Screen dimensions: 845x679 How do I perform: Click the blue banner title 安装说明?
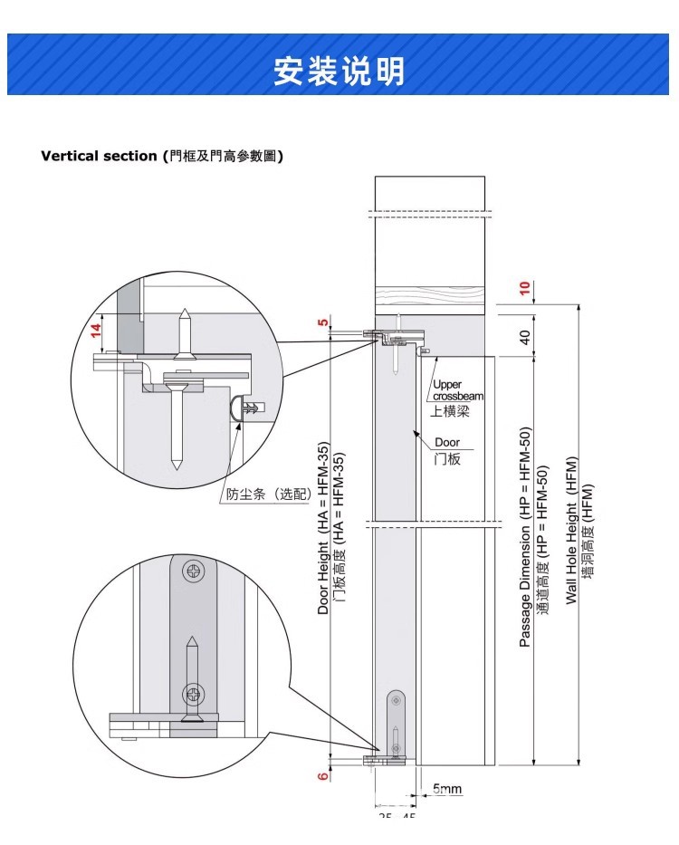tap(339, 70)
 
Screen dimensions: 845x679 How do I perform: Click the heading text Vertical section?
tap(100, 156)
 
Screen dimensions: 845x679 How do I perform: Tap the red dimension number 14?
tap(95, 332)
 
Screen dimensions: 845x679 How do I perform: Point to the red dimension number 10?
tap(524, 289)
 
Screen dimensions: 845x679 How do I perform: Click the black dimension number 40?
tap(524, 336)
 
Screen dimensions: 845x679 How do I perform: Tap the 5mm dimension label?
tap(446, 789)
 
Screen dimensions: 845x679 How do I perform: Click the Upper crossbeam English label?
tap(458, 390)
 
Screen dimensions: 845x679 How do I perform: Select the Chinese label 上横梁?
tap(450, 411)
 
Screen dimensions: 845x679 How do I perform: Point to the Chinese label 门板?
tap(447, 459)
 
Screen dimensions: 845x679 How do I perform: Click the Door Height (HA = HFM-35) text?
tap(323, 529)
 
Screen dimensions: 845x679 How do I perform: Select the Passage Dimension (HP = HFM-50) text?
tap(525, 537)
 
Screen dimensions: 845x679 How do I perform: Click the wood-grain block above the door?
tap(430, 300)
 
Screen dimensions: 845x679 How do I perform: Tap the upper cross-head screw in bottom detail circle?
tap(194, 571)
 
